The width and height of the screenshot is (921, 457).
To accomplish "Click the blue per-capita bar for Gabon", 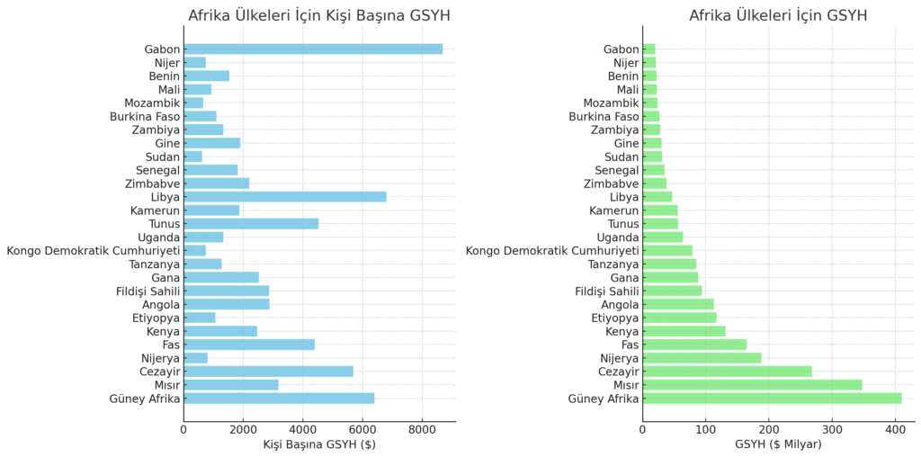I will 313,49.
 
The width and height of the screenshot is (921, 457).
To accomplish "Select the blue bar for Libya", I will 285,196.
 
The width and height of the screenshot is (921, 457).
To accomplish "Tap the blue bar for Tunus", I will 251,223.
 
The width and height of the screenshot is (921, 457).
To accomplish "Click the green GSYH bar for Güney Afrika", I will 772,398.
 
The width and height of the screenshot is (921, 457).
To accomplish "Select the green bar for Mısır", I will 752,384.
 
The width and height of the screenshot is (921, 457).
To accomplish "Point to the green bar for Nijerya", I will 702,357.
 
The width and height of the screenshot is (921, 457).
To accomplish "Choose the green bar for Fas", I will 694,344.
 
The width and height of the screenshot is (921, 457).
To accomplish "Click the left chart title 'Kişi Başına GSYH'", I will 319,15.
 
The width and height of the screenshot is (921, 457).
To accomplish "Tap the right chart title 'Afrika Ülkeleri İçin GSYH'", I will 778,15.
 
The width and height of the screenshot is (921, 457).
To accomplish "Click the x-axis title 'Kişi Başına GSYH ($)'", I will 319,444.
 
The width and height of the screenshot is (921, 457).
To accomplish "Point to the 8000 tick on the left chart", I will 422,429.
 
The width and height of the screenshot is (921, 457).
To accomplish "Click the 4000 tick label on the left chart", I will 303,429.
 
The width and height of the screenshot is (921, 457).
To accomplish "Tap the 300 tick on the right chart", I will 832,429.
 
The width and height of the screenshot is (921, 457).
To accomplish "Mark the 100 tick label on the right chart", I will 705,429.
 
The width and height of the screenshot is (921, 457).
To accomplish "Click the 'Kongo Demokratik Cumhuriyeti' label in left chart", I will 94,250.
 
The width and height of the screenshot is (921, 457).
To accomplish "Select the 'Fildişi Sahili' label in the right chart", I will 606,291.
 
